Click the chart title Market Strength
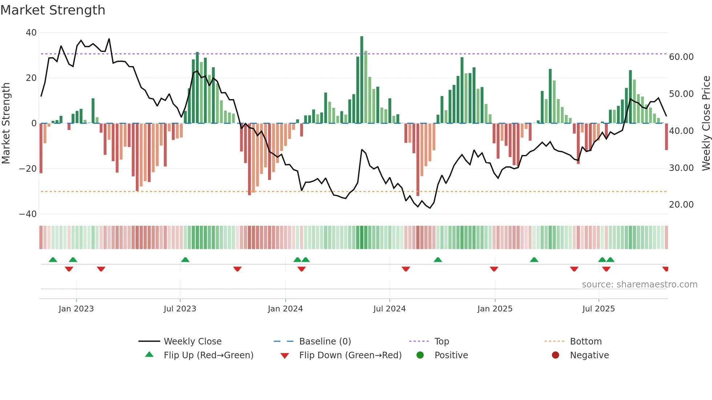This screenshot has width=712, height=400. coord(53,10)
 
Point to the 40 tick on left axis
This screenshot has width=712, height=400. coord(31,33)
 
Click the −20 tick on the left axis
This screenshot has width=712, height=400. coord(28,169)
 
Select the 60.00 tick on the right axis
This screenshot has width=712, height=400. coord(681,57)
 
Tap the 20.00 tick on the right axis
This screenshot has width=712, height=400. coord(681,205)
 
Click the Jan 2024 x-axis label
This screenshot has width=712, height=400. coord(285,309)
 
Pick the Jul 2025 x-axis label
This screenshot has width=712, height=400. coord(598,309)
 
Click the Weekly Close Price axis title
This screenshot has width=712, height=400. coord(706,123)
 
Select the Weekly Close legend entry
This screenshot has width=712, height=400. coord(193,342)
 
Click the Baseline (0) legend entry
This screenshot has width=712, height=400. coord(325,342)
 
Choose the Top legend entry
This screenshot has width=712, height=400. coord(442,342)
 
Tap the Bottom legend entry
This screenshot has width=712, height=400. coord(586,342)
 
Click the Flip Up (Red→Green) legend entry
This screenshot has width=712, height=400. coord(208,355)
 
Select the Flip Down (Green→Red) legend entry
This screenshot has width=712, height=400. coord(350,355)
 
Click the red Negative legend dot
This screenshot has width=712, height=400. coord(555,355)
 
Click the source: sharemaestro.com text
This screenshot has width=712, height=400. coord(639,285)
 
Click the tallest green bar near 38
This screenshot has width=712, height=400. coord(361,80)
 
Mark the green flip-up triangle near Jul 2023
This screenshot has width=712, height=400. coord(185,260)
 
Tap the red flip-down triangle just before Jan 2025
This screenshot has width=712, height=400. coord(494,269)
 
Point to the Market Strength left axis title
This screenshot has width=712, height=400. coord(6,123)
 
